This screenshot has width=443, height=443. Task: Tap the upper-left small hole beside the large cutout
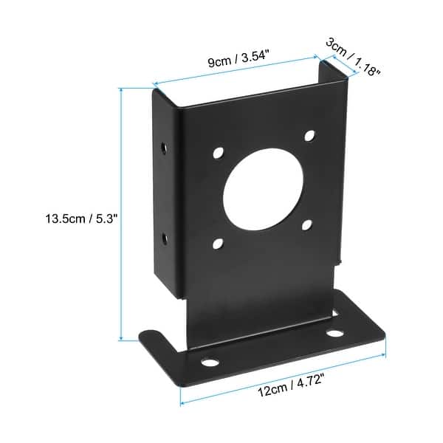[x=218, y=154]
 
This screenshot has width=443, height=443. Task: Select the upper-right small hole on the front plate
[x=309, y=136]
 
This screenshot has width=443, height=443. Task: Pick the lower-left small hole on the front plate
[x=218, y=242]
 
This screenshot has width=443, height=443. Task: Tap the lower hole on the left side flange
[x=164, y=238]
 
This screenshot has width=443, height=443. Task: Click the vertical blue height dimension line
[x=121, y=214]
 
